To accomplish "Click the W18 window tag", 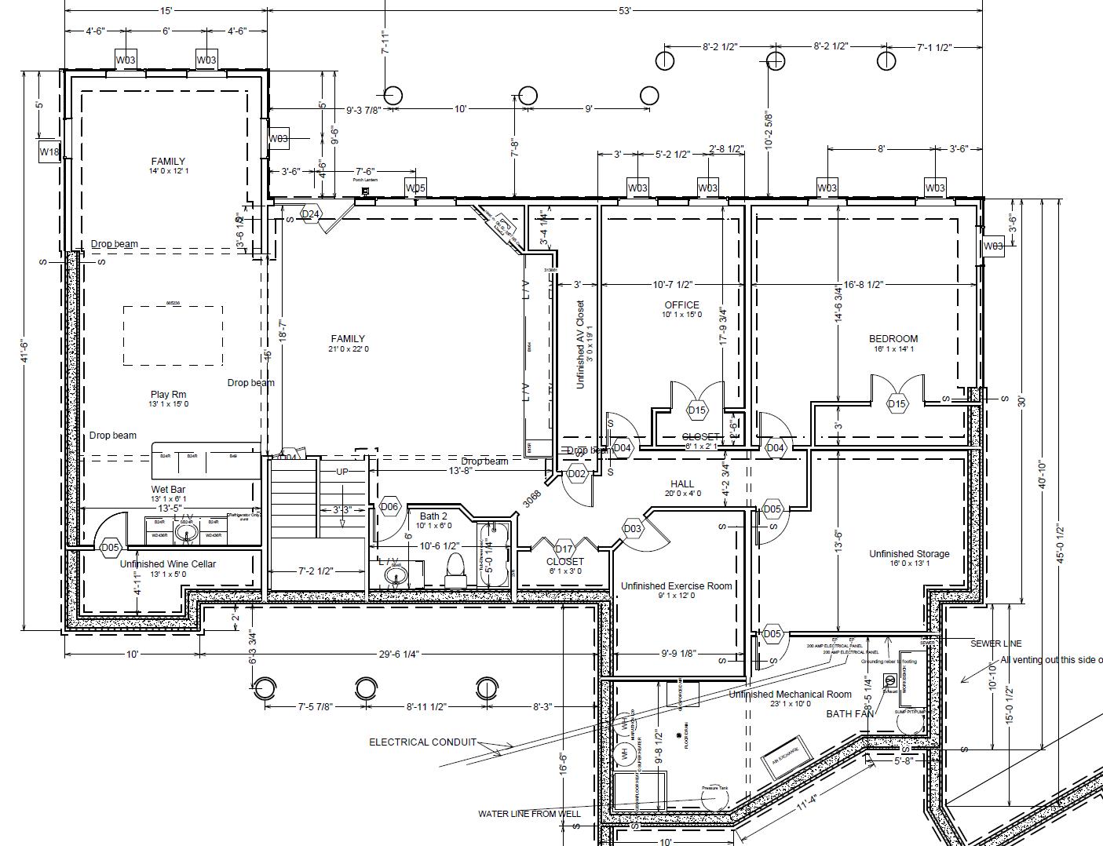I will [x=49, y=151].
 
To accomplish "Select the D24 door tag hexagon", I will [x=311, y=214].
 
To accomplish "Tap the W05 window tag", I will [x=415, y=188].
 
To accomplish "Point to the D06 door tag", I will [x=389, y=507].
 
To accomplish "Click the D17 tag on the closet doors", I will [x=564, y=549].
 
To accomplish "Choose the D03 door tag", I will [x=633, y=529].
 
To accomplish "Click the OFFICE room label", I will [x=681, y=305].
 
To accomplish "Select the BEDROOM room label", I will [x=893, y=339].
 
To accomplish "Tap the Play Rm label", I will [x=169, y=395].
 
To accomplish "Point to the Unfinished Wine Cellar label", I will [x=167, y=563].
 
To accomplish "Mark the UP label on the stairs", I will [x=342, y=472].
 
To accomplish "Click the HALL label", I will [x=682, y=483].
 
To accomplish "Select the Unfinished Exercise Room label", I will [x=676, y=585].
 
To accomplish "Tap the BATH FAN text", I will [x=849, y=714].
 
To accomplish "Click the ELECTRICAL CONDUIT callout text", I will [x=422, y=742].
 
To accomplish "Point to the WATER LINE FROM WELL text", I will [x=529, y=814].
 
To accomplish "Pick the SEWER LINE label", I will [x=996, y=644].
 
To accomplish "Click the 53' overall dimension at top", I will [x=625, y=10].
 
